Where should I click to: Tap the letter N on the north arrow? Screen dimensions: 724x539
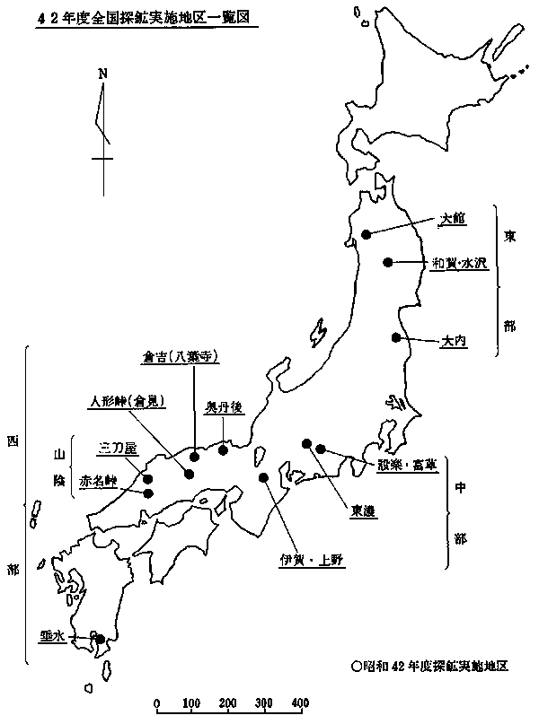pos(103,73)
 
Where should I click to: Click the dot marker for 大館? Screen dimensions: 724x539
pos(367,234)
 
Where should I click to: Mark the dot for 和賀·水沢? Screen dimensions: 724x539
pos(387,262)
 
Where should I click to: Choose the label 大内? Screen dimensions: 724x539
pos(453,341)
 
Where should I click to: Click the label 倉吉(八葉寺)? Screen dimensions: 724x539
pos(181,356)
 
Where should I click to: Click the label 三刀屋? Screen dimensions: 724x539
pos(117,447)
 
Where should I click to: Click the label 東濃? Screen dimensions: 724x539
pos(363,510)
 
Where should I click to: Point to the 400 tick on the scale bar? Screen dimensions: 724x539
pos(300,702)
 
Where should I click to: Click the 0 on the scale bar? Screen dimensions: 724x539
pos(157,702)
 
